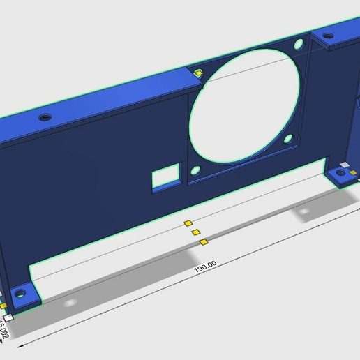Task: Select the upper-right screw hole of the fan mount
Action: tap(299, 45)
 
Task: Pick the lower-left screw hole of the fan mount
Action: tap(196, 170)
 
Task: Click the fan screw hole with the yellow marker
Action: tap(200, 73)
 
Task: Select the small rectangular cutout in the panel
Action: tap(167, 177)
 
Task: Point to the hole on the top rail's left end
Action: tap(45, 116)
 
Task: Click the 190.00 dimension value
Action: tap(205, 265)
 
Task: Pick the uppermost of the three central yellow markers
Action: tap(187, 223)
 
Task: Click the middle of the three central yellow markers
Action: tap(196, 232)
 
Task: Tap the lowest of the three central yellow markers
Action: tap(203, 242)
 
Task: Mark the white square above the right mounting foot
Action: tap(344, 165)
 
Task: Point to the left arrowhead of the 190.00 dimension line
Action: tap(22, 343)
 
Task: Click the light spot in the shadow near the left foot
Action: tap(68, 303)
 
